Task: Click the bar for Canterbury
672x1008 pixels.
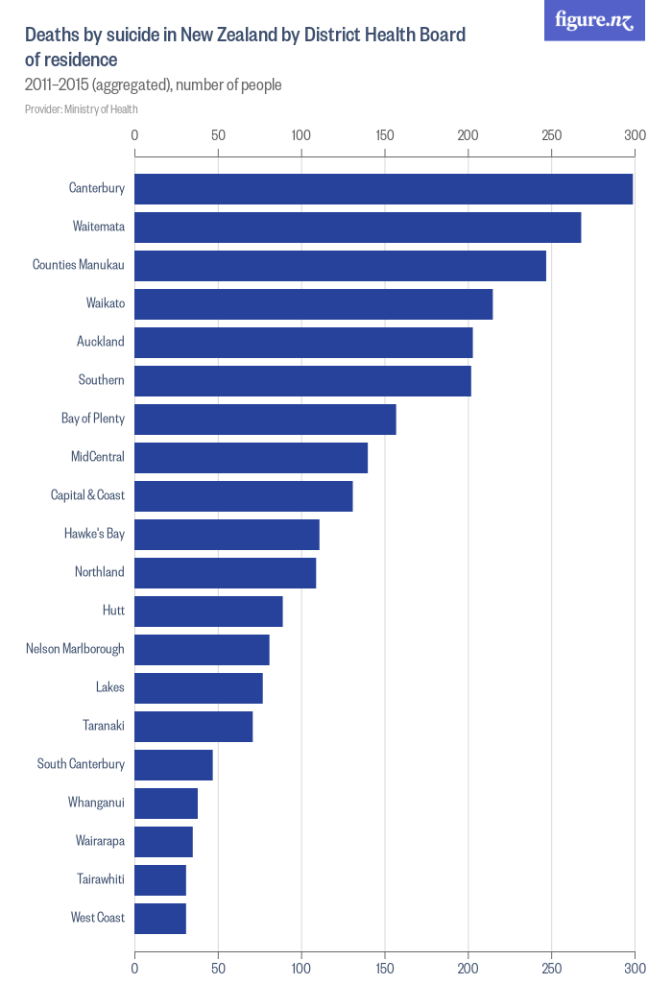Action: (383, 189)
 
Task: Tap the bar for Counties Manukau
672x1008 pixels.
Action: (340, 266)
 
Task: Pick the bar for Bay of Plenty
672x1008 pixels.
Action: (265, 420)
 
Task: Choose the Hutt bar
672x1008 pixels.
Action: (208, 612)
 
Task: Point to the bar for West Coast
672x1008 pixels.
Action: (160, 919)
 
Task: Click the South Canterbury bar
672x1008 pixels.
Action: (174, 765)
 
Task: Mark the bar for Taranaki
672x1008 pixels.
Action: (194, 727)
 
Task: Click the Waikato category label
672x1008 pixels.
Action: (105, 303)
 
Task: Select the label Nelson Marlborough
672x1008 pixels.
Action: (75, 649)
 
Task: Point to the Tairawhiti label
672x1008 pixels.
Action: (100, 879)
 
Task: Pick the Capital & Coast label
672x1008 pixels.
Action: (87, 495)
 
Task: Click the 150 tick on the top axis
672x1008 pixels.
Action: (385, 135)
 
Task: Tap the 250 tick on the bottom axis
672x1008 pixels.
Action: (552, 969)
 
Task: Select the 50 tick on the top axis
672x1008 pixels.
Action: (218, 135)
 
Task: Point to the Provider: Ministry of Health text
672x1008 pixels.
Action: (82, 109)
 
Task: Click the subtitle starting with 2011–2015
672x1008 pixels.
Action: (154, 85)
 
